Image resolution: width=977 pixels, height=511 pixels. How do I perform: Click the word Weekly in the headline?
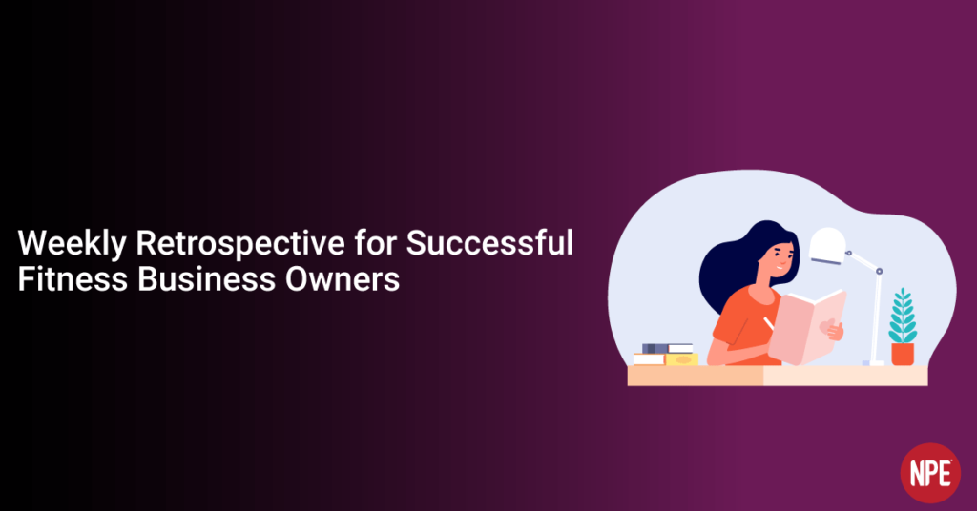coord(72,243)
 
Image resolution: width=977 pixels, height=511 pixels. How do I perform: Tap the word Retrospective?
coord(240,243)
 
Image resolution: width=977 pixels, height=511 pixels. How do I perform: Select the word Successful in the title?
coord(489,242)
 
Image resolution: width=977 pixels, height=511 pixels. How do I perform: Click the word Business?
coord(206,278)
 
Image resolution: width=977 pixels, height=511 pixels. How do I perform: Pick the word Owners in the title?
coord(343,278)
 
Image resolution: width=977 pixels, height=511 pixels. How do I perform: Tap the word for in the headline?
coord(375,242)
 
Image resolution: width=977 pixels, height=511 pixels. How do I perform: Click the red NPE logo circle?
coord(930,473)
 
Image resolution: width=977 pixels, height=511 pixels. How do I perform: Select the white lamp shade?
coord(827,245)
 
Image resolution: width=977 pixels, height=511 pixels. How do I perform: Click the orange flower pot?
coord(903,354)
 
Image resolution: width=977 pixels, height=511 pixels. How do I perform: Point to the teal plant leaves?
coord(903,316)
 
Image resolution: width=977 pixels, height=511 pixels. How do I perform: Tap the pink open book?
coord(807,326)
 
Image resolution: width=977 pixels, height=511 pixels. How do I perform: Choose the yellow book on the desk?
coord(681,359)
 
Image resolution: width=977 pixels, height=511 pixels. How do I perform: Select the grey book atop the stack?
coord(667,348)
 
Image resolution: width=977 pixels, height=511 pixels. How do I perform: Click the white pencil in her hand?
coord(768,323)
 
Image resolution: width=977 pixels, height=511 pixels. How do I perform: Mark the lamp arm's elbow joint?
coord(879,272)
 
